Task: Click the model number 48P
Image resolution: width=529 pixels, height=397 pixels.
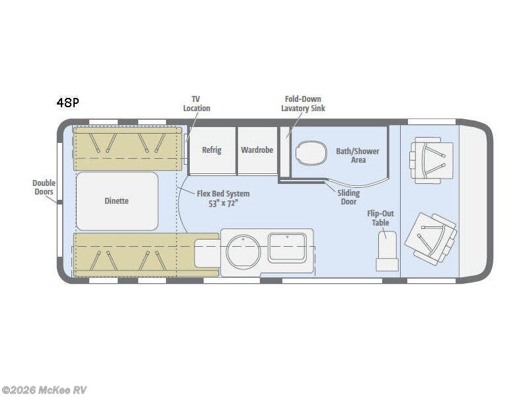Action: click(x=67, y=103)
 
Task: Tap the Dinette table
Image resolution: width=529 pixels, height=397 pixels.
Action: click(x=117, y=201)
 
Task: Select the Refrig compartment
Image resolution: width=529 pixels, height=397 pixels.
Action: click(x=212, y=150)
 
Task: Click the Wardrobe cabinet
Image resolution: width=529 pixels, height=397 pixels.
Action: click(x=257, y=150)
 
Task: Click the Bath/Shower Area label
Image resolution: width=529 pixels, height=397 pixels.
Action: click(x=358, y=155)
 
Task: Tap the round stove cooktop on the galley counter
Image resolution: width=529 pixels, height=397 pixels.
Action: click(x=243, y=252)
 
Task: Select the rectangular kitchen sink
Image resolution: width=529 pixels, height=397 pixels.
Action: click(x=286, y=247)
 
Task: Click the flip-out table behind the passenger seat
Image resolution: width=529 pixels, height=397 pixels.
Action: click(x=387, y=251)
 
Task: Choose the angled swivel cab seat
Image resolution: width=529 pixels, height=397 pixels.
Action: click(x=430, y=238)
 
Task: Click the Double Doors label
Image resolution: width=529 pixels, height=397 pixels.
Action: click(x=44, y=187)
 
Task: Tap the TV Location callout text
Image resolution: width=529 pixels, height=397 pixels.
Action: click(x=196, y=103)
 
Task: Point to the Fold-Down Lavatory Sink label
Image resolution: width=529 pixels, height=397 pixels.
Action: click(x=303, y=103)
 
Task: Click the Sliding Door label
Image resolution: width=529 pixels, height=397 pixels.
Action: click(x=348, y=197)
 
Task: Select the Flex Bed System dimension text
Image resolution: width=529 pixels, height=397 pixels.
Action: click(x=224, y=198)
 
